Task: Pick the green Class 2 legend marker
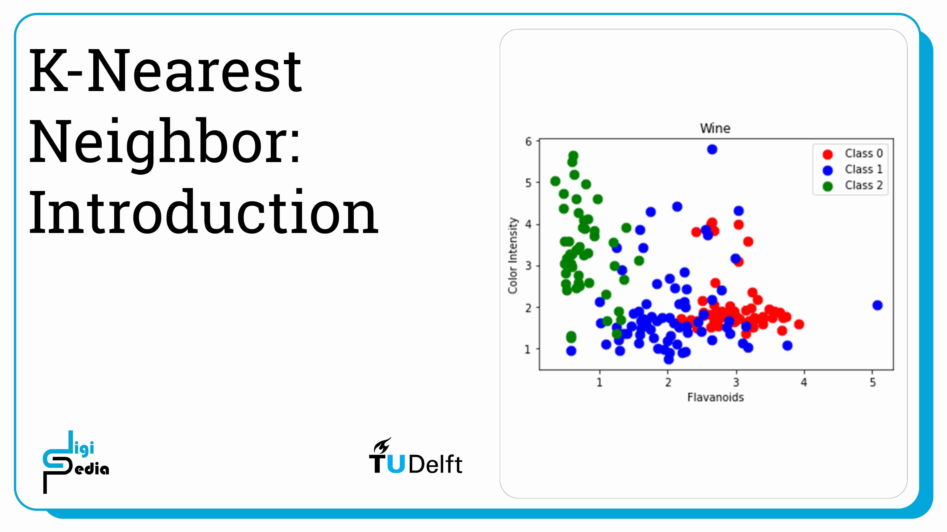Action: [x=827, y=187]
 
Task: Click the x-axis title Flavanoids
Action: [x=715, y=397]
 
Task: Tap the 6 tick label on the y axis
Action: [x=528, y=142]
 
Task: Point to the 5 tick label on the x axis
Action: [x=872, y=383]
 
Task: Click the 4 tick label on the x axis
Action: [x=804, y=383]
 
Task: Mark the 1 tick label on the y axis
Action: [x=528, y=349]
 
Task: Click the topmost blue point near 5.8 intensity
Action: [x=712, y=149]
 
